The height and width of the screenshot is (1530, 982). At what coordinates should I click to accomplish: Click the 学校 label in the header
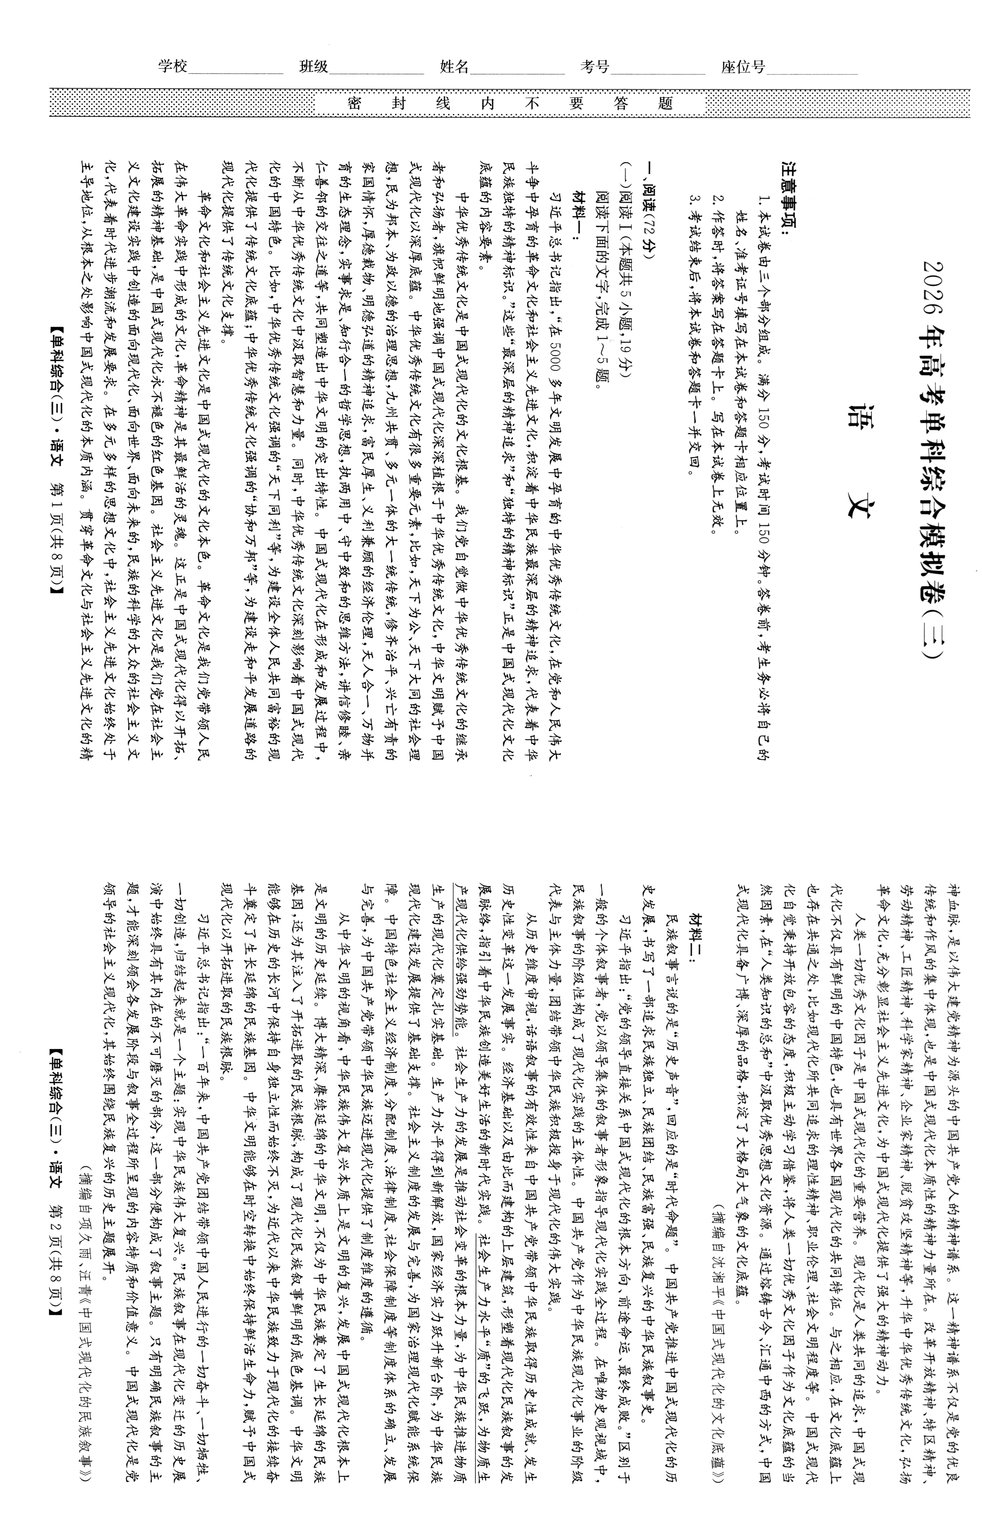[x=173, y=66]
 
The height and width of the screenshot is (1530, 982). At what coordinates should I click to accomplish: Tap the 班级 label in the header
[x=314, y=66]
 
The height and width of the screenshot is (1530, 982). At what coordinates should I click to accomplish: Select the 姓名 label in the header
[x=454, y=66]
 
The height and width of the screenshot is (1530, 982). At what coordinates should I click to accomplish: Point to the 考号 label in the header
[x=594, y=66]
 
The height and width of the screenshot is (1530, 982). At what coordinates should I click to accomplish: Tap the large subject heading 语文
[x=858, y=459]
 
